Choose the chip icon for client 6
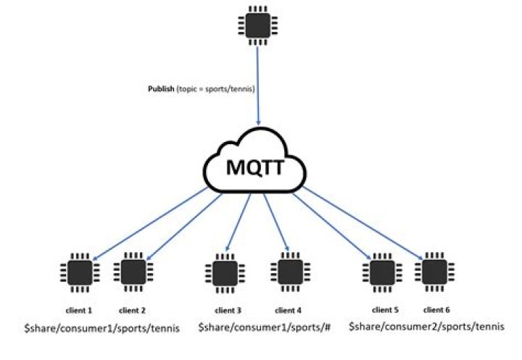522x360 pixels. coord(433,273)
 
